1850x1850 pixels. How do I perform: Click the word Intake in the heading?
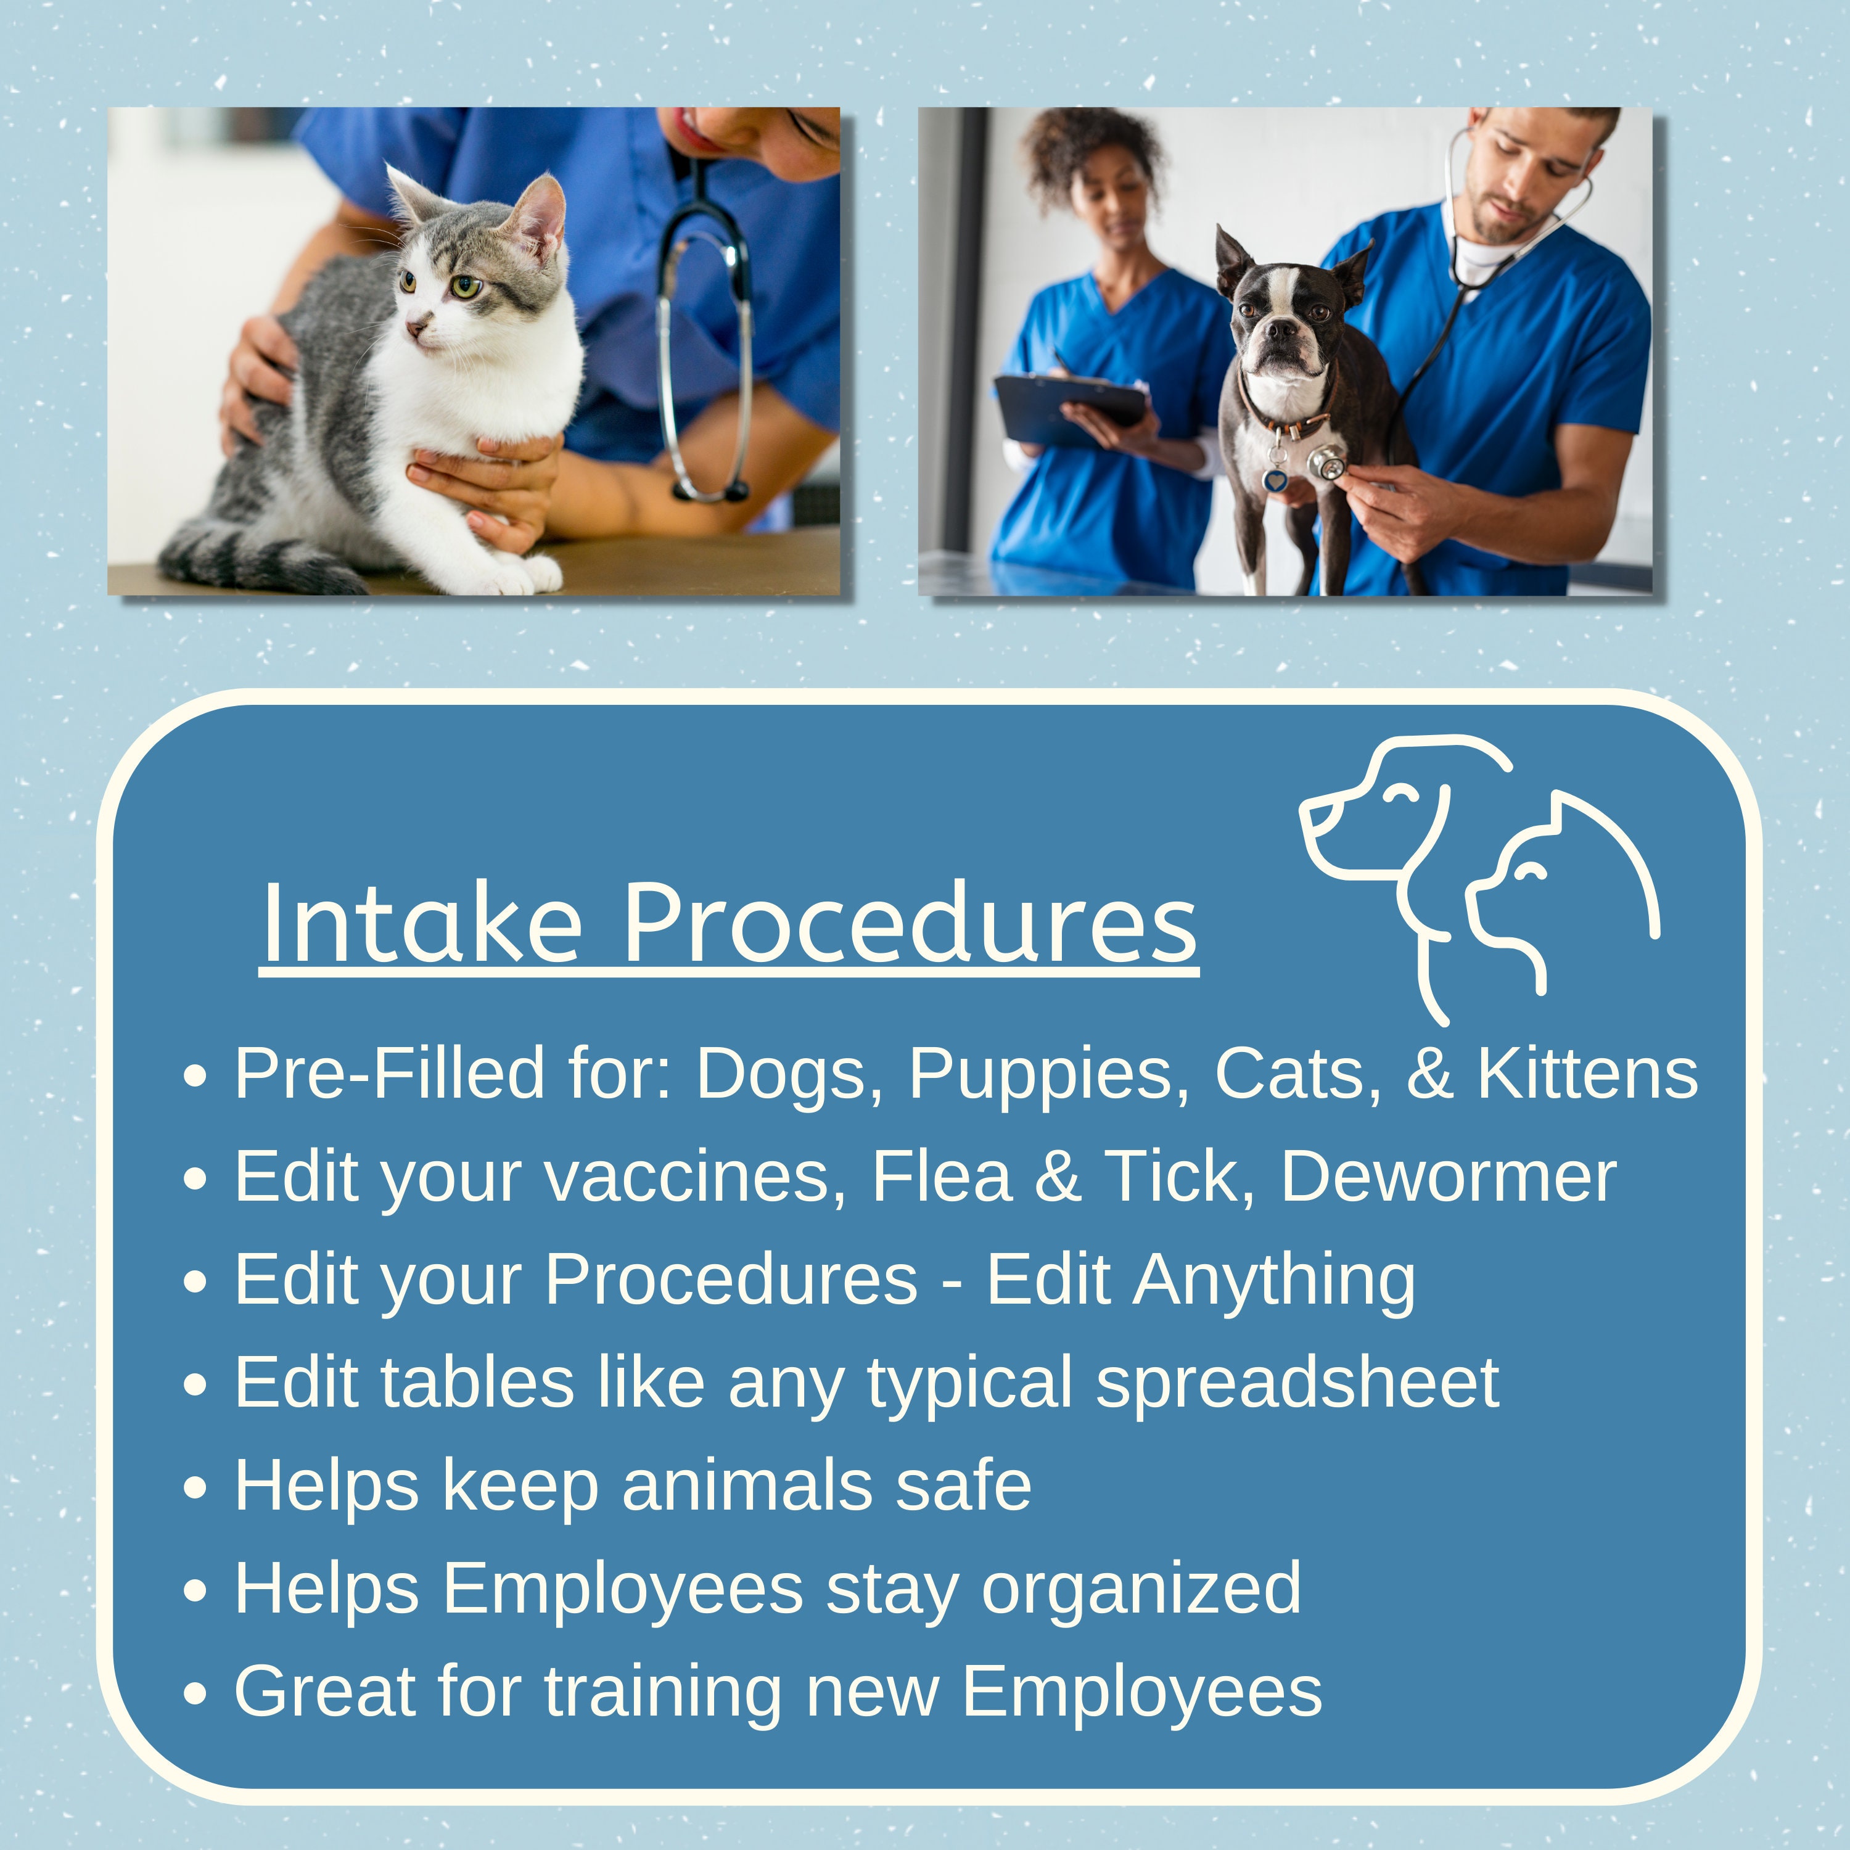tap(421, 924)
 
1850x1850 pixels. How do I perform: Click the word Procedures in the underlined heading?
tap(910, 924)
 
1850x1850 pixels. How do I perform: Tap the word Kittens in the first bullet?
tap(1587, 1074)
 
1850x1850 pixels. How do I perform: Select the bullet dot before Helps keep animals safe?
tap(195, 1488)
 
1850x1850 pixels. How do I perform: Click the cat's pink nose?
tap(416, 329)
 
